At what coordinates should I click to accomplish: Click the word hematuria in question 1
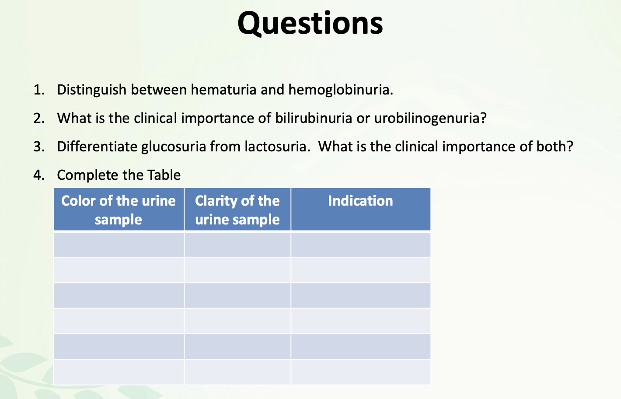pyautogui.click(x=223, y=90)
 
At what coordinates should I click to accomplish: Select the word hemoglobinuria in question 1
pyautogui.click(x=340, y=90)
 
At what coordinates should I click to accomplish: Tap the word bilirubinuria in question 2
pyautogui.click(x=313, y=118)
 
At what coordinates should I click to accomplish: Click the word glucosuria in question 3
pyautogui.click(x=174, y=147)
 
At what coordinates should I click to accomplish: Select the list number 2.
pyautogui.click(x=39, y=118)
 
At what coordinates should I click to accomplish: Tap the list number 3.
pyautogui.click(x=39, y=147)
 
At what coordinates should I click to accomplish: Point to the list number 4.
pyautogui.click(x=39, y=175)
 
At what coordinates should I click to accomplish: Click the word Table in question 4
pyautogui.click(x=164, y=175)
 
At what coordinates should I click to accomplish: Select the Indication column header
pyautogui.click(x=360, y=200)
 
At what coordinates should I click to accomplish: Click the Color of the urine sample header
pyautogui.click(x=119, y=210)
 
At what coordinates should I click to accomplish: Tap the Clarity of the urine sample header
pyautogui.click(x=237, y=210)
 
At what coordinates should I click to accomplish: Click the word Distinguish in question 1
pyautogui.click(x=92, y=90)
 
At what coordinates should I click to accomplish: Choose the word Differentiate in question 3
pyautogui.click(x=97, y=147)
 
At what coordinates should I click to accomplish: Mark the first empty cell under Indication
pyautogui.click(x=361, y=245)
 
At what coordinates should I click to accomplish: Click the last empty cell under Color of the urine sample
pyautogui.click(x=119, y=372)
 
